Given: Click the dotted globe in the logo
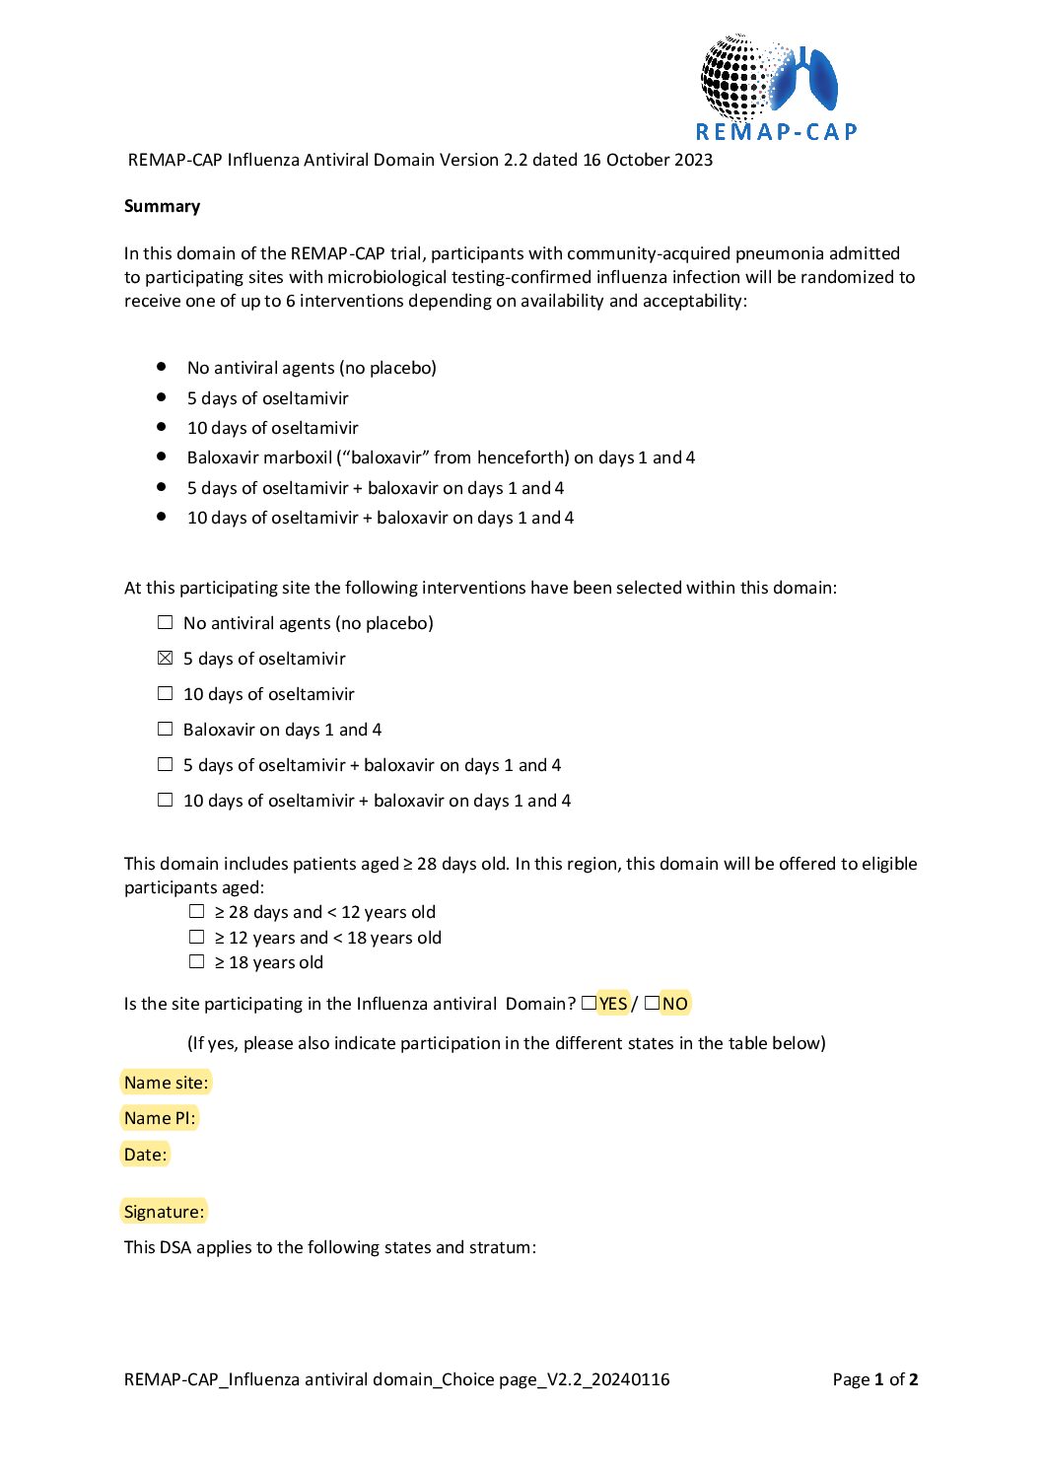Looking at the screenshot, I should [734, 77].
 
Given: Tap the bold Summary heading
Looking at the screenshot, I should [162, 206].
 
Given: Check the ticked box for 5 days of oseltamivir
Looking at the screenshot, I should [166, 658].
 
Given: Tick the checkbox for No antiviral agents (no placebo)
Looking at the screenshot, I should [166, 622].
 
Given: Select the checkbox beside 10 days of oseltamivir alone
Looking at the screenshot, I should [166, 693].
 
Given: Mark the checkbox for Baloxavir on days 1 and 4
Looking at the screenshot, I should [166, 729].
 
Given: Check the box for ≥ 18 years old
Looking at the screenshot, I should [197, 961].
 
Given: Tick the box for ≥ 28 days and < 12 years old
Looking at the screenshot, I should [197, 911].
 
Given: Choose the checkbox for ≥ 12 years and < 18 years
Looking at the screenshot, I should [197, 937].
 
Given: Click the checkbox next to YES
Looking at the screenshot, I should [589, 1003].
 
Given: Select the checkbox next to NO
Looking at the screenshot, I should [652, 1003].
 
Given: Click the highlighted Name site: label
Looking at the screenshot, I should [166, 1083].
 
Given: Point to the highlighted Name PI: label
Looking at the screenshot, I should [160, 1118].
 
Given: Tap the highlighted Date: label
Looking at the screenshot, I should [145, 1155].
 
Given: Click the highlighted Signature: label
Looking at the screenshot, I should [164, 1212].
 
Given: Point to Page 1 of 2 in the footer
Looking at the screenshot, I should [874, 1379].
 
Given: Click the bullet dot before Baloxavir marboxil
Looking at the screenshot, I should [162, 457].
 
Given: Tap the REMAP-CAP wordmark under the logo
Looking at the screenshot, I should [777, 132].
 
